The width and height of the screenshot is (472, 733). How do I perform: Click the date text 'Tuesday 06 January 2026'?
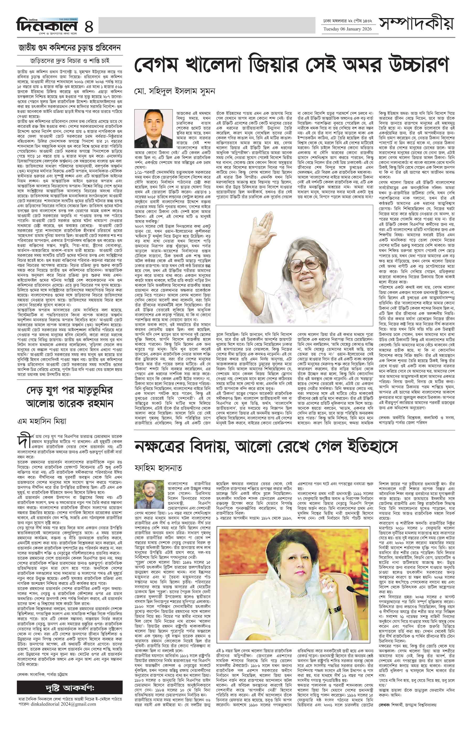click(347, 29)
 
